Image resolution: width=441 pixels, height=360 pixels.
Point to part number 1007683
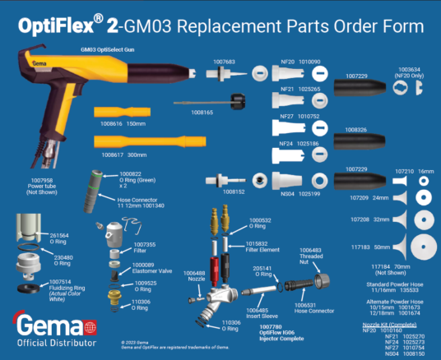point(224,61)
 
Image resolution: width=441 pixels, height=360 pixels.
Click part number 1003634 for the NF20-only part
point(409,70)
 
